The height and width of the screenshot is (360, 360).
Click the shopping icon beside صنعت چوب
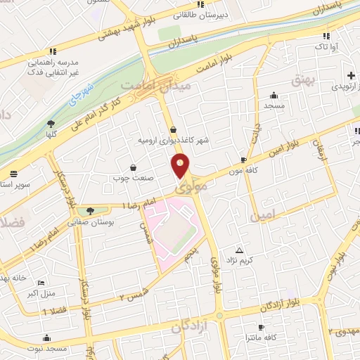(x=133, y=167)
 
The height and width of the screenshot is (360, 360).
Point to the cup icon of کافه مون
(x=243, y=160)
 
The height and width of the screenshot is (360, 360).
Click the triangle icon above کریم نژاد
(x=240, y=250)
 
